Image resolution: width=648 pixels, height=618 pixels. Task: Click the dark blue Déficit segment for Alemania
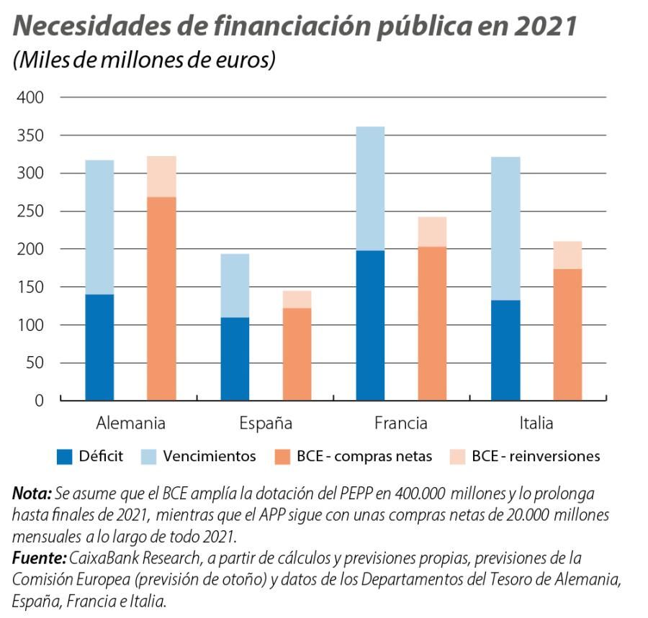coord(99,347)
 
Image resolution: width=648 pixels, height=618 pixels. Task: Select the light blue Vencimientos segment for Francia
coord(370,188)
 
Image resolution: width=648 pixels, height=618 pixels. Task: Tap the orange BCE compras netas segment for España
coord(297,353)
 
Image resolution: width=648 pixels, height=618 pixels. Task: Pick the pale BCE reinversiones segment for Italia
coord(567,255)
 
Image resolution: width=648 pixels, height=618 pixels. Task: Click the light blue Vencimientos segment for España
coord(235,286)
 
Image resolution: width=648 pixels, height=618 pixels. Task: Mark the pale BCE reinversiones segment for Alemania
coord(161,176)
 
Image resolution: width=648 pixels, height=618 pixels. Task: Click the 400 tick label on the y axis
coord(30,97)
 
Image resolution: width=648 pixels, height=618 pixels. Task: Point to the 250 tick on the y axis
coord(30,212)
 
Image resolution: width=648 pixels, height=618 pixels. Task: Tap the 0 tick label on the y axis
coord(39,401)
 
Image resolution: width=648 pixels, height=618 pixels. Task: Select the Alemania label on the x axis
coord(130,423)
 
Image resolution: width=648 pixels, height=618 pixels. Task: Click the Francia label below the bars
coord(400,423)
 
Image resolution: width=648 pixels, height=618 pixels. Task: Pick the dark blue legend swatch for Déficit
coord(66,456)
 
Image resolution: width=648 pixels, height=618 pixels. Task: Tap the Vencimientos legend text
coord(210,456)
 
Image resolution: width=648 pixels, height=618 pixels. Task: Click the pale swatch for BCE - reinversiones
coord(457,456)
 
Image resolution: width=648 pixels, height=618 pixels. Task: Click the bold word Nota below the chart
coord(31,494)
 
